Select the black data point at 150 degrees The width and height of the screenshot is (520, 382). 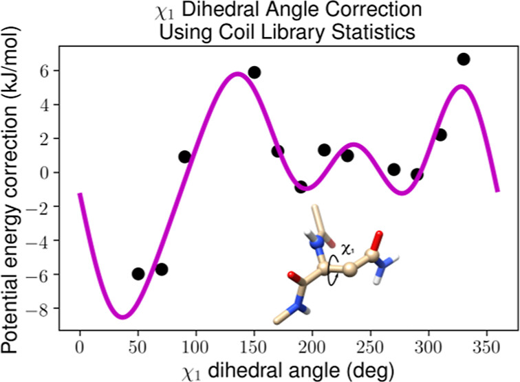[254, 72]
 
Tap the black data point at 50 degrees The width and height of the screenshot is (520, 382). [138, 273]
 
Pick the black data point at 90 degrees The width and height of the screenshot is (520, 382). [184, 157]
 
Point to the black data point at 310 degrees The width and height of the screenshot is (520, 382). [440, 135]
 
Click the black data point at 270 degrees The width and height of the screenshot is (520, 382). [393, 169]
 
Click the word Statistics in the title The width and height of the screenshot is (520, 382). [346, 32]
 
